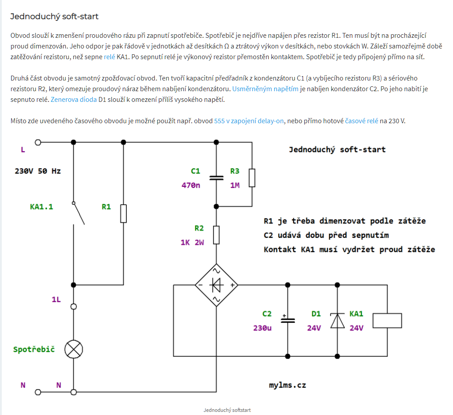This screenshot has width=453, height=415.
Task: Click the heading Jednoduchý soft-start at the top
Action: click(54, 16)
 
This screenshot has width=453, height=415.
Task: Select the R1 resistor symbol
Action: click(124, 214)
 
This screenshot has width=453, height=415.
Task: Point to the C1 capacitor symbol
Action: click(216, 177)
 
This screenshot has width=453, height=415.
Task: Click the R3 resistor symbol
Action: click(252, 177)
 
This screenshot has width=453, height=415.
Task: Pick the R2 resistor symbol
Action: click(216, 235)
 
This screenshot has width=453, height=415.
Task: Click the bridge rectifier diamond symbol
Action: click(216, 285)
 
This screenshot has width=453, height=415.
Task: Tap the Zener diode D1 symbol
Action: click(337, 320)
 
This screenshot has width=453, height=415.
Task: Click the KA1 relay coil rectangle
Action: click(387, 320)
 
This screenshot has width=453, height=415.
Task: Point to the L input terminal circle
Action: click(38, 142)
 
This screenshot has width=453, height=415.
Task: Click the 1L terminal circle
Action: click(74, 306)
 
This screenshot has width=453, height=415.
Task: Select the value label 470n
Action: click(190, 185)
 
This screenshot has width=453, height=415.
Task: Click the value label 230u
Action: click(262, 328)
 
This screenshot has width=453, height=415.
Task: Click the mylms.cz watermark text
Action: click(287, 385)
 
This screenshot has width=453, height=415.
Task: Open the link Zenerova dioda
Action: click(73, 100)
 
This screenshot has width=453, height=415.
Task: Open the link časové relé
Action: click(361, 121)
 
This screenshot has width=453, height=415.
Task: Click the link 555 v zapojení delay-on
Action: click(249, 121)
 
